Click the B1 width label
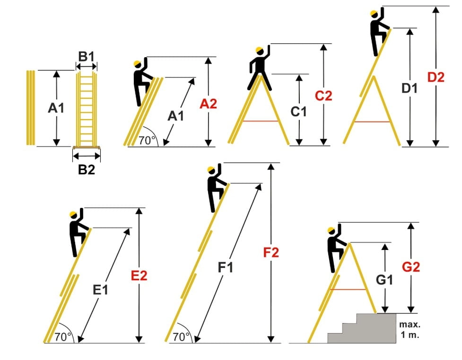pyautogui.click(x=87, y=57)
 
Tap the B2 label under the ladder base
pyautogui.click(x=87, y=169)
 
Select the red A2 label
pyautogui.click(x=208, y=104)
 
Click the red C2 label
pyautogui.click(x=323, y=96)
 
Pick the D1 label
pyautogui.click(x=410, y=88)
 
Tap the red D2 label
pyautogui.click(x=436, y=77)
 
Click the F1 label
pyautogui.click(x=226, y=268)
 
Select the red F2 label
pyautogui.click(x=271, y=253)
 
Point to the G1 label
pyautogui.click(x=385, y=281)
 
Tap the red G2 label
pyautogui.click(x=410, y=267)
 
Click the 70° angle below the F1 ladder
pyautogui.click(x=181, y=337)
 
